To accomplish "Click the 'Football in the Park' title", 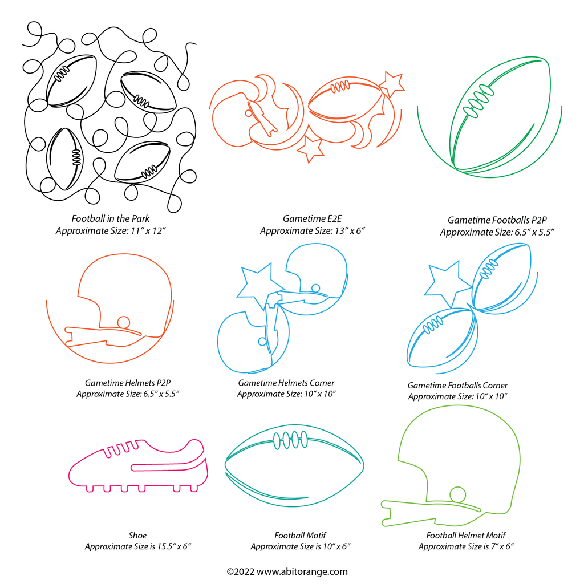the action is pyautogui.click(x=111, y=218).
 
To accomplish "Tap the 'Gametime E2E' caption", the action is pyautogui.click(x=312, y=218).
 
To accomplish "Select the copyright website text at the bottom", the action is pyautogui.click(x=287, y=571).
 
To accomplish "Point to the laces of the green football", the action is pyautogui.click(x=478, y=101).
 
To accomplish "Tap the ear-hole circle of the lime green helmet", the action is pyautogui.click(x=458, y=494).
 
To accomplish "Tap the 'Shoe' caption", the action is pyautogui.click(x=137, y=536).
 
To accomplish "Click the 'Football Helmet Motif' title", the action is pyautogui.click(x=465, y=536).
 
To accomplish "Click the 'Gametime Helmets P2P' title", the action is pyautogui.click(x=127, y=383).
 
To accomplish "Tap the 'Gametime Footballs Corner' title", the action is pyautogui.click(x=457, y=386).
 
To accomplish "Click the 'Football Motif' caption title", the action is pyautogui.click(x=300, y=536).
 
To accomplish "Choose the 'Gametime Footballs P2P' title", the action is pyautogui.click(x=497, y=220).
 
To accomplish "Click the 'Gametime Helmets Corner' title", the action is pyautogui.click(x=286, y=383).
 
